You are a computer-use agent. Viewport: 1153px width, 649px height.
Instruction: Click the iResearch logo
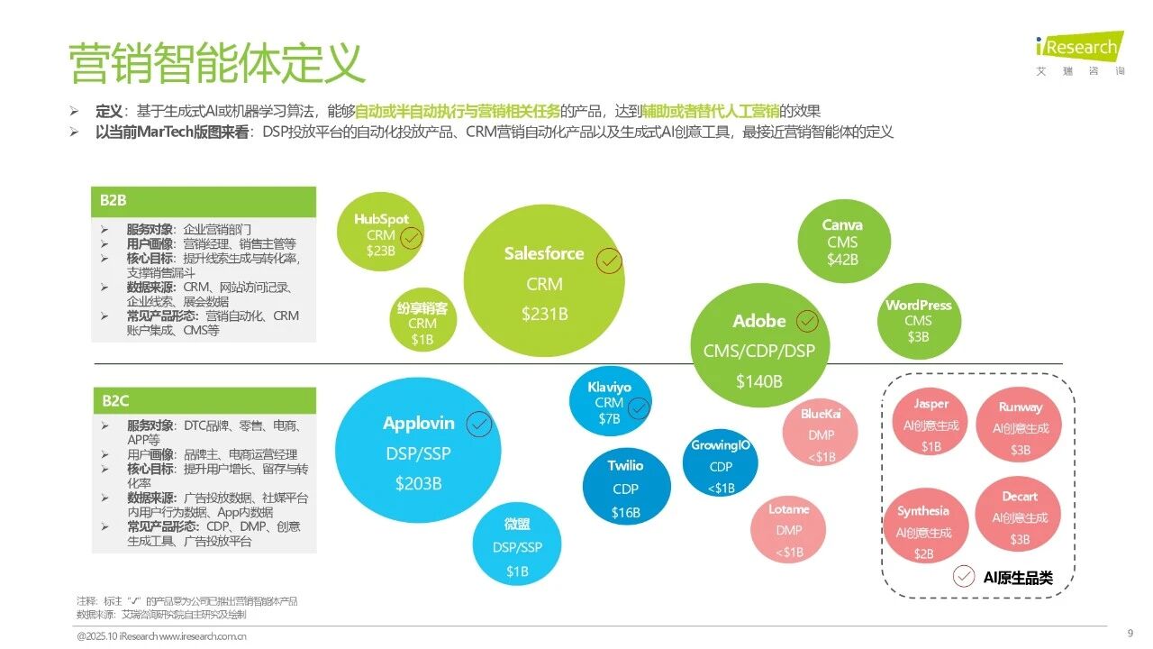click(x=1079, y=53)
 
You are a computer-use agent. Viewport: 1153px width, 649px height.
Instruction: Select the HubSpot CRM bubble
click(x=380, y=233)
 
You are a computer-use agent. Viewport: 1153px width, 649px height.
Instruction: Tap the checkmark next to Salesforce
click(x=609, y=261)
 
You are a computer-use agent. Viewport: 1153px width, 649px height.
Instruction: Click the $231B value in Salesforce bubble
click(x=545, y=314)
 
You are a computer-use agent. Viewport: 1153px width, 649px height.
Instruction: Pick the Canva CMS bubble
click(x=844, y=241)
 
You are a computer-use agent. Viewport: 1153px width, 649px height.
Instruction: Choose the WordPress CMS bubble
click(x=919, y=321)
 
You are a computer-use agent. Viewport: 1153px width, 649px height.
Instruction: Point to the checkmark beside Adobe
click(x=807, y=321)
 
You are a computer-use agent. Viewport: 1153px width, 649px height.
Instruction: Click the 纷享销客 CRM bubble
click(x=422, y=320)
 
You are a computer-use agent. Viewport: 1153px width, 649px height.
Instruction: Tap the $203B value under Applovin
click(x=419, y=483)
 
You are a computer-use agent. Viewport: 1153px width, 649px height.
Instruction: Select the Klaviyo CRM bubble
click(x=610, y=401)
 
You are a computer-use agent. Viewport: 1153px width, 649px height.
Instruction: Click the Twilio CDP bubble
click(x=626, y=488)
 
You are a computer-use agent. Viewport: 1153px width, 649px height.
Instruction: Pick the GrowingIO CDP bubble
click(x=720, y=463)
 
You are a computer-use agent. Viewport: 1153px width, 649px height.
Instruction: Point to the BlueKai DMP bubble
click(x=821, y=432)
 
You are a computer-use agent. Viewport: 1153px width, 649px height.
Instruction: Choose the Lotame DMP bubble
click(x=788, y=530)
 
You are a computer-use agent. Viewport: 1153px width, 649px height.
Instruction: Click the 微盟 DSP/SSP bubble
click(x=517, y=545)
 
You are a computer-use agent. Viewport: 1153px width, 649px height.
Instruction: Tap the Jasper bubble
click(x=931, y=422)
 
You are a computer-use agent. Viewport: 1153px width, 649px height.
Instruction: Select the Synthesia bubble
click(x=925, y=526)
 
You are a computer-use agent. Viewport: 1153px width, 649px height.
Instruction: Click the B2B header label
click(x=113, y=200)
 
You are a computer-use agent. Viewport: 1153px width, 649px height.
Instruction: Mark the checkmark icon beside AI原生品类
click(x=963, y=576)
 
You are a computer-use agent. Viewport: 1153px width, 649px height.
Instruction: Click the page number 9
click(x=1130, y=633)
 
